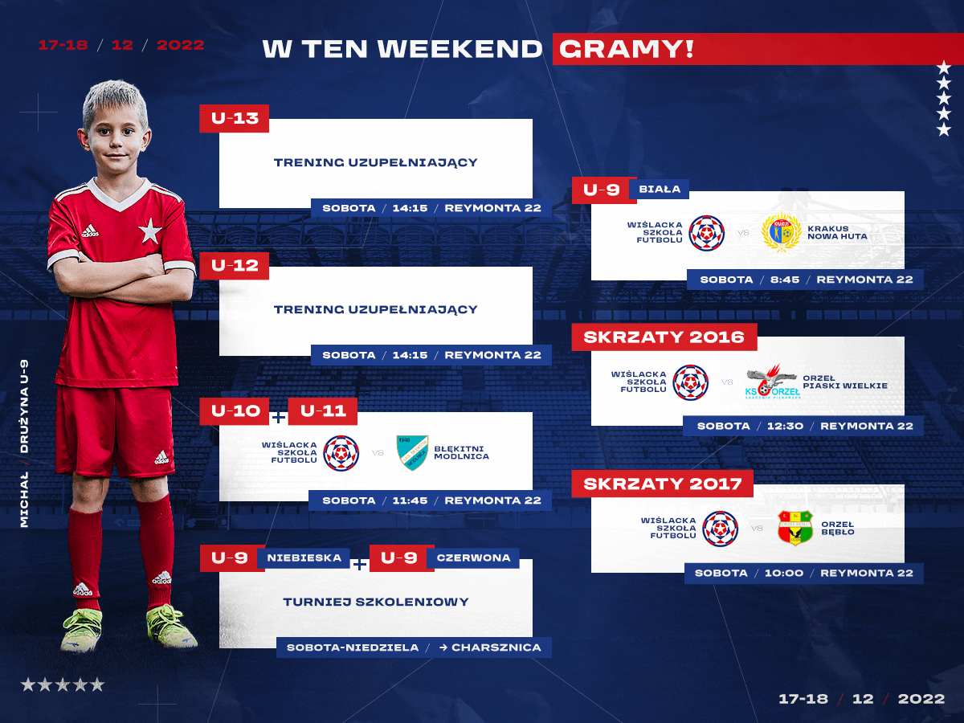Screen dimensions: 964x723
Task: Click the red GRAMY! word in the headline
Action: (627, 49)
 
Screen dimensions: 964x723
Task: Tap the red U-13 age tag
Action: (234, 118)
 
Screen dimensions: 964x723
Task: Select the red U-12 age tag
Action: (234, 266)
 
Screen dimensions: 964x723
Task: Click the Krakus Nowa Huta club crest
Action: (781, 233)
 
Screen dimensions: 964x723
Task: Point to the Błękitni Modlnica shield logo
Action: (412, 452)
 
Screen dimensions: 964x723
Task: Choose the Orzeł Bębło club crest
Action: (795, 528)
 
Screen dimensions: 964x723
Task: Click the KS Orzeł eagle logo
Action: (773, 381)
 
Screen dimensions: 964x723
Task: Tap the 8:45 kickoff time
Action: (785, 280)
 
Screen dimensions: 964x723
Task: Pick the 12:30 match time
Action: (785, 427)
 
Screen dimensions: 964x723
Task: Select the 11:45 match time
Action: (410, 500)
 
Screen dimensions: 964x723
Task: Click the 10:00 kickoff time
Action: (784, 573)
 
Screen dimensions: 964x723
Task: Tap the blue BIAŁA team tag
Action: (660, 190)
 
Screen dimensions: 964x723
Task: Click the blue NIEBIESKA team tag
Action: (304, 558)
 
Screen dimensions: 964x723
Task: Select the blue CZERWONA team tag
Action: (473, 558)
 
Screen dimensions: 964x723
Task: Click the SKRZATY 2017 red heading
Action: (662, 484)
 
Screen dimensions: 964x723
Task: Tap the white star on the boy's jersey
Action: (149, 231)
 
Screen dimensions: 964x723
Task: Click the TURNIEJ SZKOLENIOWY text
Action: (376, 602)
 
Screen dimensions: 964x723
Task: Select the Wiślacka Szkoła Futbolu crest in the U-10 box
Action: (341, 453)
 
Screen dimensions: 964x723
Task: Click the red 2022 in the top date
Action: (181, 45)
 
